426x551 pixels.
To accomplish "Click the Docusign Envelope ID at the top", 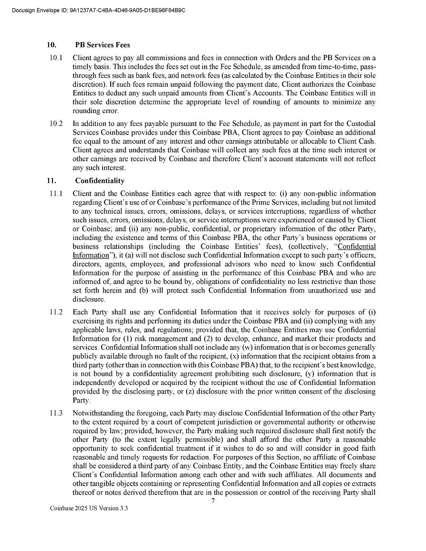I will [98, 10].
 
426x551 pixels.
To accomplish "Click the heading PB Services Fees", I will [103, 45].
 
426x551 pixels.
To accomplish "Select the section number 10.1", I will [56, 58].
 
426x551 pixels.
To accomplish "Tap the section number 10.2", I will [56, 124].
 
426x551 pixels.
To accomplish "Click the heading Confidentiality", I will [100, 181].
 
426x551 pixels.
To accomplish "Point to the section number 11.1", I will [56, 193].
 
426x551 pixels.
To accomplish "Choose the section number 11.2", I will [56, 312].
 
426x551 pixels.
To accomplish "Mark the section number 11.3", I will [56, 413].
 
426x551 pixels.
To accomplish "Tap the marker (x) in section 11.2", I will [234, 356].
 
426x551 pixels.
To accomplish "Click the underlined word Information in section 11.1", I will [91, 255].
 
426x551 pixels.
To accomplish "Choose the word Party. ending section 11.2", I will [81, 401].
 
